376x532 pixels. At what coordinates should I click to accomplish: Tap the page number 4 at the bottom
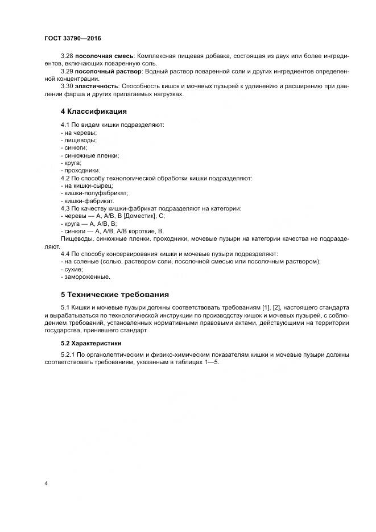pyautogui.click(x=46, y=483)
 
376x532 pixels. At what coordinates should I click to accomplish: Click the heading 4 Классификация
pyautogui.click(x=94, y=111)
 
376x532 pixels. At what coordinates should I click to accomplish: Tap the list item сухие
pyautogui.click(x=72, y=269)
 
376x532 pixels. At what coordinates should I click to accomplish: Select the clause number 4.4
pyautogui.click(x=65, y=254)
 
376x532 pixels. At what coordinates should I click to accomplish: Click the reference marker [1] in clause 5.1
pyautogui.click(x=266, y=308)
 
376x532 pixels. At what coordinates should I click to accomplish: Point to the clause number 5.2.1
pyautogui.click(x=69, y=355)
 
